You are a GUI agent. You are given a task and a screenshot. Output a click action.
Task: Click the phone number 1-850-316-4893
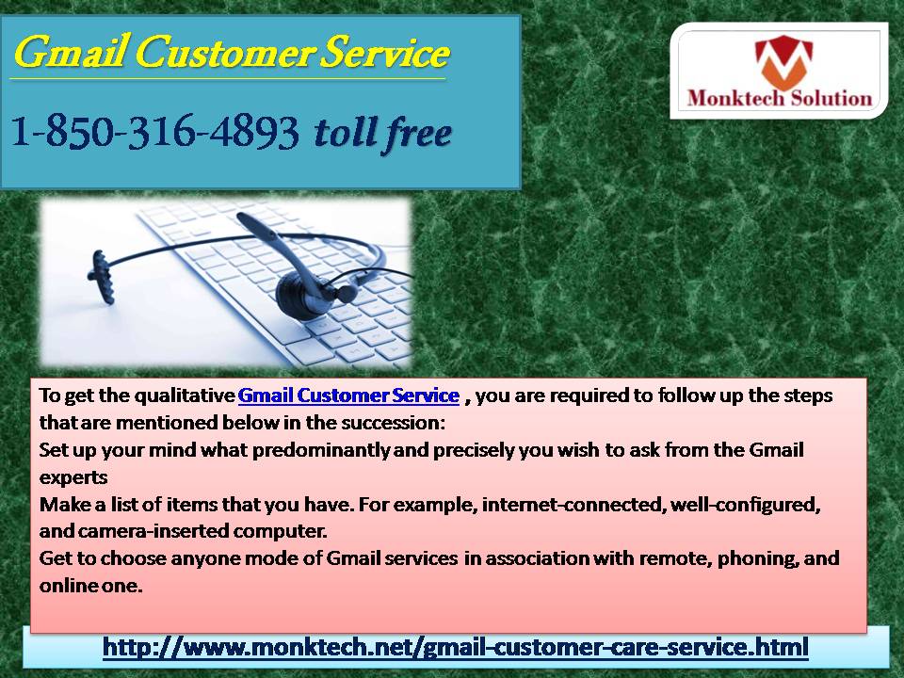click(154, 132)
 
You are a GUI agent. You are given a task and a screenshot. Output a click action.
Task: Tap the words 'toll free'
click(382, 134)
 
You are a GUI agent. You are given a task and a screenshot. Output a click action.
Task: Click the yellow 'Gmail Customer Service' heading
click(232, 53)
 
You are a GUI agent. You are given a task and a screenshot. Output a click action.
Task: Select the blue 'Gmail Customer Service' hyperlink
click(348, 395)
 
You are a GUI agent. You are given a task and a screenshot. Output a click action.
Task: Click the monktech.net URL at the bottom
click(456, 647)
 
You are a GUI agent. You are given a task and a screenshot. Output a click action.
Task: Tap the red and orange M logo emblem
click(783, 63)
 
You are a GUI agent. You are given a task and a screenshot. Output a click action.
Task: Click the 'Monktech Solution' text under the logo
click(780, 98)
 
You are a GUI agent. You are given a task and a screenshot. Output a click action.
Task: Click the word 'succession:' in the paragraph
click(394, 423)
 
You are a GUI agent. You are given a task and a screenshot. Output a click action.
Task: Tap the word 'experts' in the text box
click(73, 478)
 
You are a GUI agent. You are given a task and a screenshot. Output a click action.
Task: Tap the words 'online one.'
click(90, 586)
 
